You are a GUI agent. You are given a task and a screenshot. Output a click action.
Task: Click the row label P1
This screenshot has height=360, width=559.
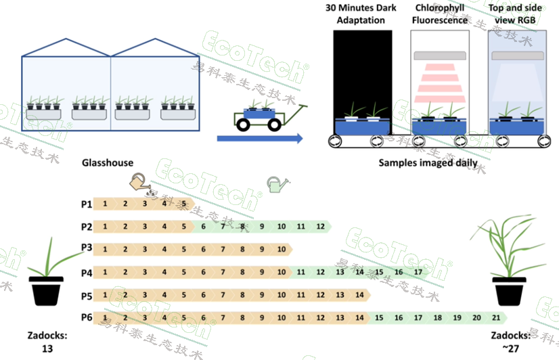click(x=86, y=203)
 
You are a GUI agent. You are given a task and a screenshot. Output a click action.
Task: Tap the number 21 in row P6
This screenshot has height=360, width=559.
click(x=496, y=317)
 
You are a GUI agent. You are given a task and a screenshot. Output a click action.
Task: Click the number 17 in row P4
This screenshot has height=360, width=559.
click(x=418, y=272)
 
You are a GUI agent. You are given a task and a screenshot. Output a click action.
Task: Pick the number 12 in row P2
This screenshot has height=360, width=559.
click(x=320, y=226)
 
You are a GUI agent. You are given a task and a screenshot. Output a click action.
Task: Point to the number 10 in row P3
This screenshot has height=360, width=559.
click(x=282, y=249)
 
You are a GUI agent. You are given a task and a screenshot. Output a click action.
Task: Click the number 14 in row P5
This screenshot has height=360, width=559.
click(x=359, y=295)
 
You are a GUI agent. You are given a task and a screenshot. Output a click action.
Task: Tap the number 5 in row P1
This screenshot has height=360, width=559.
click(x=183, y=203)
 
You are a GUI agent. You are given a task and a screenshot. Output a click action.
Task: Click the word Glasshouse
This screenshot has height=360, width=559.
click(x=108, y=162)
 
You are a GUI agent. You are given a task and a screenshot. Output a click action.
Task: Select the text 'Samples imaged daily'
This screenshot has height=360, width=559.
click(x=428, y=162)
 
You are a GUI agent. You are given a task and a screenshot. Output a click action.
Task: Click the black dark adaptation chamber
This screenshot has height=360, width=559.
click(x=363, y=81)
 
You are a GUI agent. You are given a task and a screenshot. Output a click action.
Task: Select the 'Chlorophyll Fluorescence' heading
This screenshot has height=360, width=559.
click(x=440, y=14)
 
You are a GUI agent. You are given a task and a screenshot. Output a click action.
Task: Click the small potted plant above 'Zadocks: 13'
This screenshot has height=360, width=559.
click(x=45, y=277)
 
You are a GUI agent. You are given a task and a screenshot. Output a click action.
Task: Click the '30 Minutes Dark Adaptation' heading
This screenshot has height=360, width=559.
click(x=363, y=14)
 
